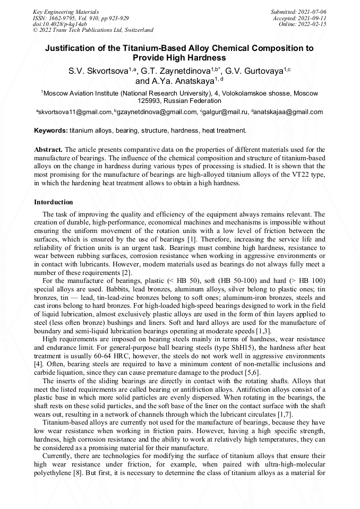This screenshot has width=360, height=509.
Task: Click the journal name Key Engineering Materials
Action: tap(65, 11)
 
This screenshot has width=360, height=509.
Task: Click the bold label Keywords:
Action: tap(51, 130)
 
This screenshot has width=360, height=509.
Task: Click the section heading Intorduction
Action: tap(54, 202)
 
